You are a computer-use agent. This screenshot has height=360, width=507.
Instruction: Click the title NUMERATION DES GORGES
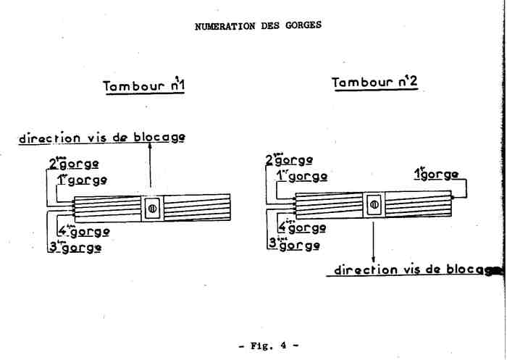pos(258,25)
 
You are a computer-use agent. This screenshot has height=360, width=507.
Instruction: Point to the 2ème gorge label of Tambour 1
pos(73,164)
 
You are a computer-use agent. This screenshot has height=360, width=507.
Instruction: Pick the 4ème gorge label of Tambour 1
pos(83,233)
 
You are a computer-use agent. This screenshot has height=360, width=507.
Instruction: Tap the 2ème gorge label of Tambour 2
pos(289,160)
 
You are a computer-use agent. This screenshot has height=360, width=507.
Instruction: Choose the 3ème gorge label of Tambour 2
pos(293,243)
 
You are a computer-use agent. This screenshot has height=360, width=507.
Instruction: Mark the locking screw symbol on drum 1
pos(152,209)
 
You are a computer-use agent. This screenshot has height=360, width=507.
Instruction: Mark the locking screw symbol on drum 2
pos(374,205)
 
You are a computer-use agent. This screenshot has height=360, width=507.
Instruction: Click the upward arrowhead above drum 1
pos(151,147)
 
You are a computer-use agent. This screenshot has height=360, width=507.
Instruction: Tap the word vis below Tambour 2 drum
pos(411,270)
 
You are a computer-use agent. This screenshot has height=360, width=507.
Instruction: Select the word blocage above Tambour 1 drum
pos(159,137)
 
